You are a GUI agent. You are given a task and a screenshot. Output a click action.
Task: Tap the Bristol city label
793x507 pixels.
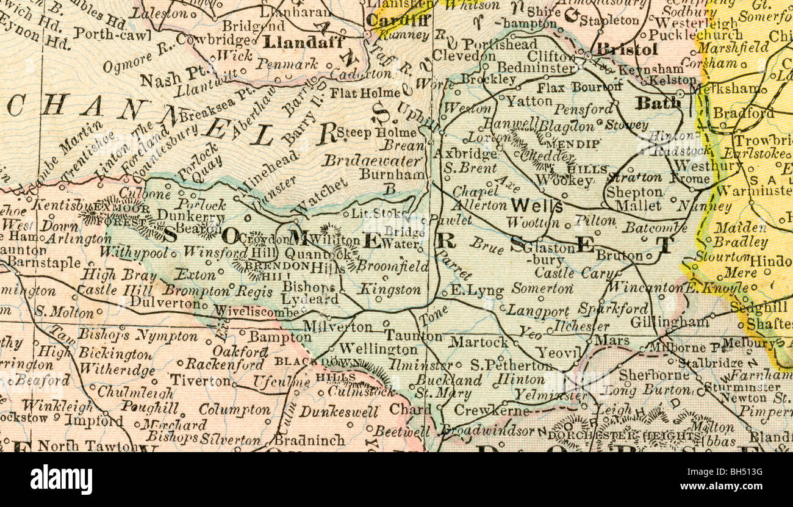626,49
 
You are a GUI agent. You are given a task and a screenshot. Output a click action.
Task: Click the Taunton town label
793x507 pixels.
413,336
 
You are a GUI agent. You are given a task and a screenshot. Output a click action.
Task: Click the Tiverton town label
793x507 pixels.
200,380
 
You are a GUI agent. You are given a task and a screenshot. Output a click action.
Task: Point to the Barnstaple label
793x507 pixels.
44,263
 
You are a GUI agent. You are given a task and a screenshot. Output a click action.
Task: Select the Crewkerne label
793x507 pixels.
491,411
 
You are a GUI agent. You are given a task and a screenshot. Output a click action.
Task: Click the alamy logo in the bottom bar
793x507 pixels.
61,479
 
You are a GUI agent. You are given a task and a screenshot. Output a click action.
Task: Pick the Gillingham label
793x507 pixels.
669,321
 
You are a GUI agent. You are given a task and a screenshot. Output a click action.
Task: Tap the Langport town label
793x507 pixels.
537,311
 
